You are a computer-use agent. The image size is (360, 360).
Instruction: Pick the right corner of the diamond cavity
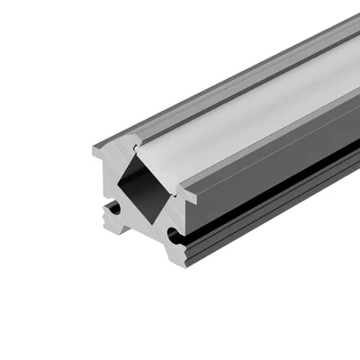point(172,191)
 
